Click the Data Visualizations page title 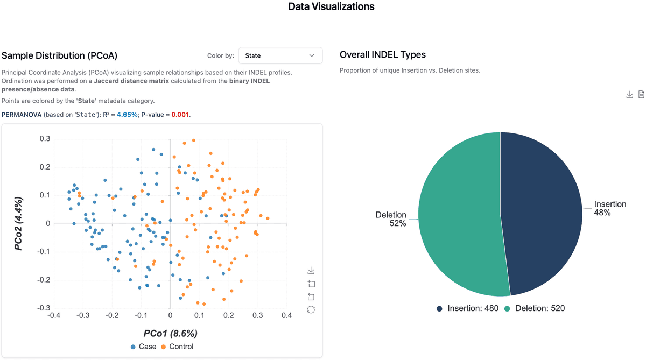(x=331, y=7)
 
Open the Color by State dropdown (x=280, y=55)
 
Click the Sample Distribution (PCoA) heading (x=59, y=55)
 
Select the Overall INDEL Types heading (x=383, y=55)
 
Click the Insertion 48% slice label (x=610, y=208)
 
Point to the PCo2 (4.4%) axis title (x=18, y=224)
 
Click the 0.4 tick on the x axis (x=286, y=315)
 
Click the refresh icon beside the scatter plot (x=311, y=309)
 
